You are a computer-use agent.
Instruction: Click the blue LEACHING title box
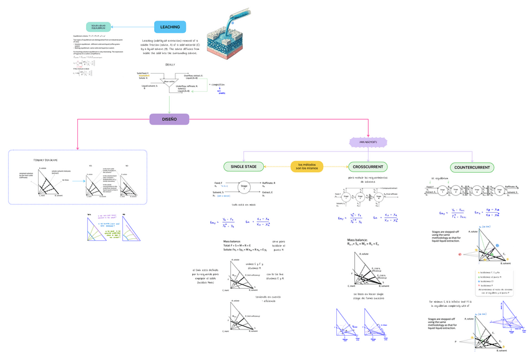coord(170,27)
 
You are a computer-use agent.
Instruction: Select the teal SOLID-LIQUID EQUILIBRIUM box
coord(98,27)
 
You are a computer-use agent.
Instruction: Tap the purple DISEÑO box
coord(169,119)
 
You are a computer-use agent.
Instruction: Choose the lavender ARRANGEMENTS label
coord(368,142)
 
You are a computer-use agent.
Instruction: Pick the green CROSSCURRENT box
coord(367,167)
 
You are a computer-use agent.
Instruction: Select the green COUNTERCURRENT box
coord(472,167)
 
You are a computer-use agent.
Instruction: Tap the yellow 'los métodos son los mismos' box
coord(307,167)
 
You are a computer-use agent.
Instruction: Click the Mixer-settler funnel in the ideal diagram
coord(169,82)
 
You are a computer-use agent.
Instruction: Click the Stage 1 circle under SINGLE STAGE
coord(244,187)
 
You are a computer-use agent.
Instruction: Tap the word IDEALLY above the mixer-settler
coord(170,64)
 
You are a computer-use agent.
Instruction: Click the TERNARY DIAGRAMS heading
coord(45,160)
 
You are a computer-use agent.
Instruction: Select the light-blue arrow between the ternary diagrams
coord(76,181)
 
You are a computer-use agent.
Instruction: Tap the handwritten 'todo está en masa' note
coord(243,205)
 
